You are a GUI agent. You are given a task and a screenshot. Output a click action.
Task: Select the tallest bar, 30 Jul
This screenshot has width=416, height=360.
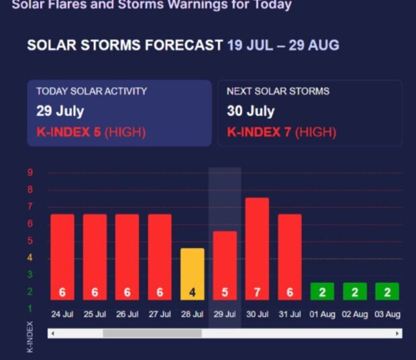tap(258, 249)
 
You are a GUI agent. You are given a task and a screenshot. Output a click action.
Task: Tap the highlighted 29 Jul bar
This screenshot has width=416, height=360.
tap(225, 265)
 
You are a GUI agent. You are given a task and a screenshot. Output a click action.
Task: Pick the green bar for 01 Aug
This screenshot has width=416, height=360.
tap(322, 291)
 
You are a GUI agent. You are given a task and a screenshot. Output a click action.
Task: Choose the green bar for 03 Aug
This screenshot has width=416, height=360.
tap(387, 291)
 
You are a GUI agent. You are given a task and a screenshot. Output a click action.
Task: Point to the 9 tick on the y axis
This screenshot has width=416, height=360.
tap(30, 173)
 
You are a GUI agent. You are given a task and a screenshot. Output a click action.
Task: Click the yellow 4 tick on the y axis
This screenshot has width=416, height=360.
tap(30, 258)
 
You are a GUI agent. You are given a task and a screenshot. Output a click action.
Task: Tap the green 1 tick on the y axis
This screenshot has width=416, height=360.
tap(30, 309)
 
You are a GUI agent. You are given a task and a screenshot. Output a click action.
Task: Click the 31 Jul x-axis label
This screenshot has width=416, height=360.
tap(290, 314)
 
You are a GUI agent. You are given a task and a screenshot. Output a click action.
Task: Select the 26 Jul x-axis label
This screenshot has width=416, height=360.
tap(127, 314)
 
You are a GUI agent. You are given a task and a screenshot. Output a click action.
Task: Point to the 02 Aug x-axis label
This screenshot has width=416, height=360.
tap(355, 314)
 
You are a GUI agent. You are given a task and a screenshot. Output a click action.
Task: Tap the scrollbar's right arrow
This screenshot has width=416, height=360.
tap(397, 333)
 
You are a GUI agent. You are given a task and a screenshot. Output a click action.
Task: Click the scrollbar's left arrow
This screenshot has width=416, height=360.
tap(52, 333)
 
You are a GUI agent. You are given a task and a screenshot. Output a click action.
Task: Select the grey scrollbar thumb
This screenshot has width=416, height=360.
tap(152, 333)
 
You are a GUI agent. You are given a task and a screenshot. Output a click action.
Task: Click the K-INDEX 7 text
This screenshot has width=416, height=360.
tap(259, 132)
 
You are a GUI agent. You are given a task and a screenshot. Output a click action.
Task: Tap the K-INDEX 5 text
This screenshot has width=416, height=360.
tap(68, 132)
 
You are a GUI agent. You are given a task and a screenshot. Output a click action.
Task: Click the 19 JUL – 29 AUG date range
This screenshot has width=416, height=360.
tap(283, 46)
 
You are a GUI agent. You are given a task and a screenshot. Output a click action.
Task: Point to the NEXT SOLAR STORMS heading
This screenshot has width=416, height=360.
tap(278, 91)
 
